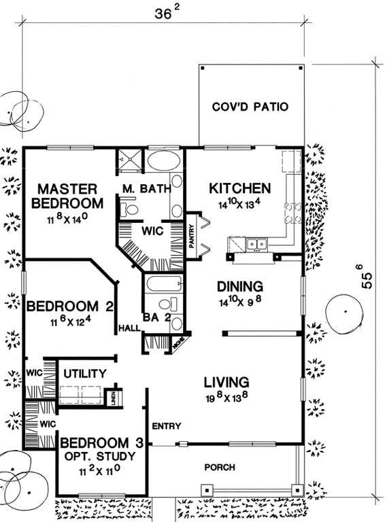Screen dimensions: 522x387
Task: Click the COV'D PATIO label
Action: click(250, 107)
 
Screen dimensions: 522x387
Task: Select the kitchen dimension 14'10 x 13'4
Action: click(239, 203)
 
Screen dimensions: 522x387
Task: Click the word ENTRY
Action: click(166, 426)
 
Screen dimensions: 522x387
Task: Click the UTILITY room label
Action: click(84, 373)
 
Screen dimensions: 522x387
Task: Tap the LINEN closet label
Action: click(114, 398)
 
